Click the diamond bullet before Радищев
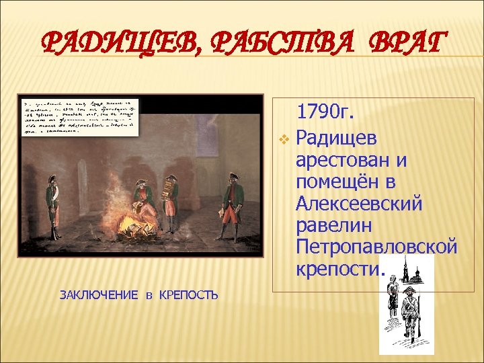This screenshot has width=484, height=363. coord(284,139)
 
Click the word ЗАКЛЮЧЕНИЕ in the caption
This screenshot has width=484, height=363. coord(99,294)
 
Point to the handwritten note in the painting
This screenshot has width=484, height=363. coord(79,115)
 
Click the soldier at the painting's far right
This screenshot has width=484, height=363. coord(232,206)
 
